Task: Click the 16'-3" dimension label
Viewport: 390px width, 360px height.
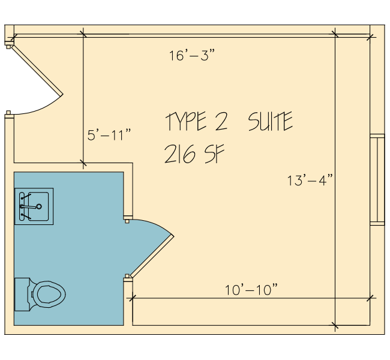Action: [192, 55]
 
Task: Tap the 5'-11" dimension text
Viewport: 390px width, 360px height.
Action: [109, 135]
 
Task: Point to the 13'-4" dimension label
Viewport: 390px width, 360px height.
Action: [310, 180]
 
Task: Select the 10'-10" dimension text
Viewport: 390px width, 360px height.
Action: [251, 290]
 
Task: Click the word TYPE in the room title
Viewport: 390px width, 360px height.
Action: [186, 121]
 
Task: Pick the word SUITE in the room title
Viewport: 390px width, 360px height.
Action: [271, 121]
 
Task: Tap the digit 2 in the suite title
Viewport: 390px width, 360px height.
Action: [221, 121]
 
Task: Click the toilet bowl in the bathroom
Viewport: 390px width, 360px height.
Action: [49, 294]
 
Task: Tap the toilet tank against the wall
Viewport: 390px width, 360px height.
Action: [22, 295]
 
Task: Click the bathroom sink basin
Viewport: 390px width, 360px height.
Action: [38, 206]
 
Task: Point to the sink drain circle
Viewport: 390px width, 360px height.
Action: [39, 206]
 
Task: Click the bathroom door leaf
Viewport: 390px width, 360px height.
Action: [152, 256]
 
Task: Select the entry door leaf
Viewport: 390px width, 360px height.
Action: [37, 70]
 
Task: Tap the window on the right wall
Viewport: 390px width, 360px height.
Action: [377, 179]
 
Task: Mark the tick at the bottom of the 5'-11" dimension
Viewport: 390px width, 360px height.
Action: [83, 163]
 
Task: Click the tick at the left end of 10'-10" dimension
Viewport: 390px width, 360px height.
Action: [133, 298]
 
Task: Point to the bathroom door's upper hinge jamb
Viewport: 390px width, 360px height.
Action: [128, 218]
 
